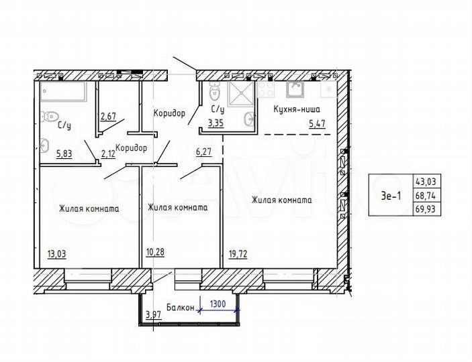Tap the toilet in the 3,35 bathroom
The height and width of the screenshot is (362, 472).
[214, 93]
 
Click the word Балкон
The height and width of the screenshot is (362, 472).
[180, 308]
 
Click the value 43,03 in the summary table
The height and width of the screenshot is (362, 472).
[425, 182]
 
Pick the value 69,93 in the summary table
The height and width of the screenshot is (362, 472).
[425, 210]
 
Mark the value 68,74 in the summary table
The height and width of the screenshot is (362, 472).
[425, 196]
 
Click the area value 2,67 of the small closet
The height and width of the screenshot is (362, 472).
[109, 117]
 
